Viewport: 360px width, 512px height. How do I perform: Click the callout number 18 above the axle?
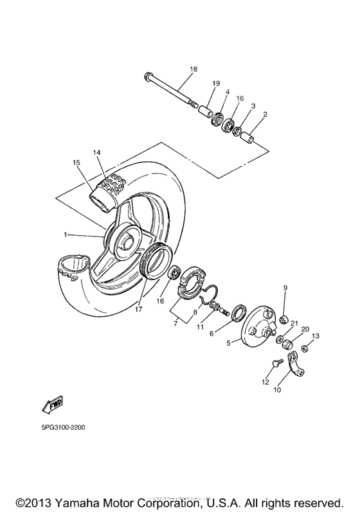point(194,69)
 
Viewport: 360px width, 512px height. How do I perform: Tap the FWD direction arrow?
point(51,405)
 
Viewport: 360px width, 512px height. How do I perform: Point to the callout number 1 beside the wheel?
point(66,235)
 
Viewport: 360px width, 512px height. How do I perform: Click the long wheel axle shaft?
point(170,89)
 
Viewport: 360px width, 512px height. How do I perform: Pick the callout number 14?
point(96,152)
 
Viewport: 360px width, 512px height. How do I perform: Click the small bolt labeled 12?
point(275,363)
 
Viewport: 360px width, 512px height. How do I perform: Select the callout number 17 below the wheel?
point(139,308)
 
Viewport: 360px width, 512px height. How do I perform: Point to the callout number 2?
point(265,114)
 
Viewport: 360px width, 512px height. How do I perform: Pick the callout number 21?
point(294,323)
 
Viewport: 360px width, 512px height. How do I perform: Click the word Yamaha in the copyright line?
point(80,502)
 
